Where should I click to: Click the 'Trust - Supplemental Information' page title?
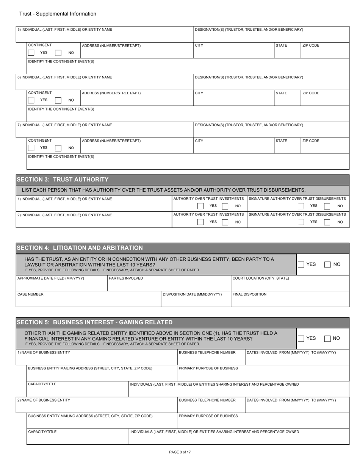click(52, 14)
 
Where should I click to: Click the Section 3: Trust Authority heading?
click(63, 179)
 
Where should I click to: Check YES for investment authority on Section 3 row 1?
click(200, 206)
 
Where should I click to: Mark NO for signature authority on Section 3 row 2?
click(327, 222)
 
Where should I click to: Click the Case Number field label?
click(31, 294)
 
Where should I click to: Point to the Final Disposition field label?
click(249, 294)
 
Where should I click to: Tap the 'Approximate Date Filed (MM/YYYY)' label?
click(51, 278)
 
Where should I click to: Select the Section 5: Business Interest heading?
click(94, 322)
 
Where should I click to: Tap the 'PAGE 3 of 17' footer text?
click(180, 452)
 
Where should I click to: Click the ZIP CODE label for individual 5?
click(311, 45)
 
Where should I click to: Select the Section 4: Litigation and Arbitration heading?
click(80, 248)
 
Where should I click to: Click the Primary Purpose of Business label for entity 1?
click(208, 368)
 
